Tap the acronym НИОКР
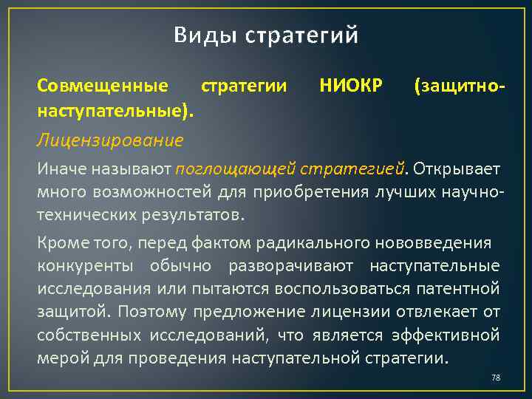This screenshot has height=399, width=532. point(351,87)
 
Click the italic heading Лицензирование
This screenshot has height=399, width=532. point(111,140)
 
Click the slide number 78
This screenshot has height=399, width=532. point(496,378)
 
